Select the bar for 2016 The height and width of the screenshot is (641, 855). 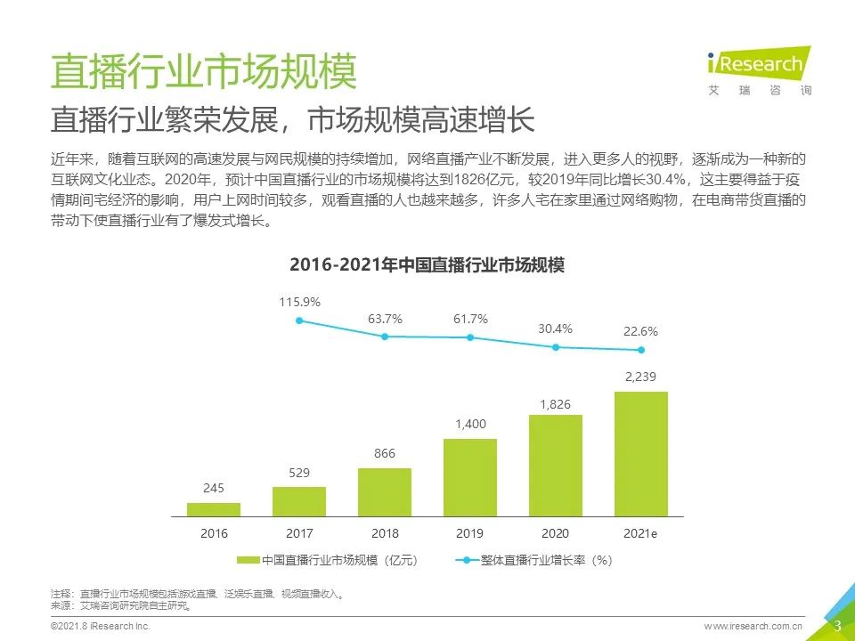[x=214, y=509]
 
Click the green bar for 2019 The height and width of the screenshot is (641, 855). [x=470, y=477]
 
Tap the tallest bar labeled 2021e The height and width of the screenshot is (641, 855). [x=641, y=454]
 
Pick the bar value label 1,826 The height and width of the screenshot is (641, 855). [x=556, y=405]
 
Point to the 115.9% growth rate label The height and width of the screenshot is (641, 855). [x=299, y=302]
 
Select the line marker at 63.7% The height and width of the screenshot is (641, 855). [x=385, y=337]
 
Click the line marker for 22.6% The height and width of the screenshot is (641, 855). [x=641, y=350]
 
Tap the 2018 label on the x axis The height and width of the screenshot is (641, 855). [x=385, y=533]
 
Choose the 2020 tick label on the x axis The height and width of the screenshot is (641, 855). [x=556, y=533]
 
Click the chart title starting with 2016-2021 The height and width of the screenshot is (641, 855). [x=427, y=265]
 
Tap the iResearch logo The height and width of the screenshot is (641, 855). [x=758, y=69]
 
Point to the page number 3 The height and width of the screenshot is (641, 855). [x=837, y=626]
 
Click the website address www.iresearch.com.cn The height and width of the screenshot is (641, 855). [x=753, y=627]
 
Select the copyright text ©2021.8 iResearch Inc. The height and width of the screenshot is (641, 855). [x=100, y=627]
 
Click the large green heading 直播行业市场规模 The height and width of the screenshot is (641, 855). [x=204, y=72]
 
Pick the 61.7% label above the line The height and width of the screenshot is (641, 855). [x=470, y=319]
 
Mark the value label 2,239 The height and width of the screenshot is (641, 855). [x=641, y=377]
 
